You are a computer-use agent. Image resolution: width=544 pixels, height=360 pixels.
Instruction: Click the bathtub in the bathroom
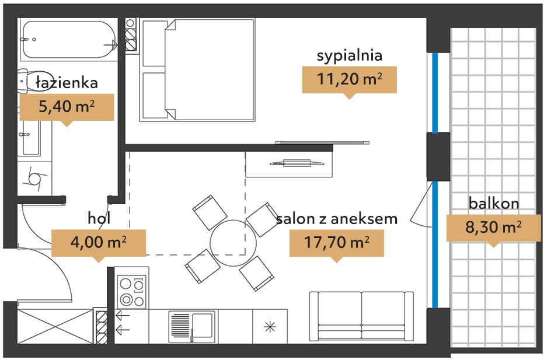69,40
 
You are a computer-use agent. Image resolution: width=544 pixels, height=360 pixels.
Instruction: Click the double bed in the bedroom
198,70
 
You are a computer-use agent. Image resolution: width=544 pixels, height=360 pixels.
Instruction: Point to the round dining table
233,243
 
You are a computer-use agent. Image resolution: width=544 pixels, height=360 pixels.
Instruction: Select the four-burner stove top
132,291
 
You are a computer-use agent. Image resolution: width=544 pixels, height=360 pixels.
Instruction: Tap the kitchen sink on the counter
192,326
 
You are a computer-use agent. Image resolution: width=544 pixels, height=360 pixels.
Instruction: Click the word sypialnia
350,56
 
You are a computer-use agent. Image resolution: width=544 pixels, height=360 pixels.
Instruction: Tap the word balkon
494,203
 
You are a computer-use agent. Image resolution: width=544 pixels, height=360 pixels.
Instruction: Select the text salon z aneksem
337,219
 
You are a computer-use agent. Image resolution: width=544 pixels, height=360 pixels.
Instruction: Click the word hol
99,218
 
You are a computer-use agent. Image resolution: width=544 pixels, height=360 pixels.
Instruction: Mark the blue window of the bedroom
435,93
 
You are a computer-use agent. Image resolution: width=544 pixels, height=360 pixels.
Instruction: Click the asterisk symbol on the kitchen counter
270,327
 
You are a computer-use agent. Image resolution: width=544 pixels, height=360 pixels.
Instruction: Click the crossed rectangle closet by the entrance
55,326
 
